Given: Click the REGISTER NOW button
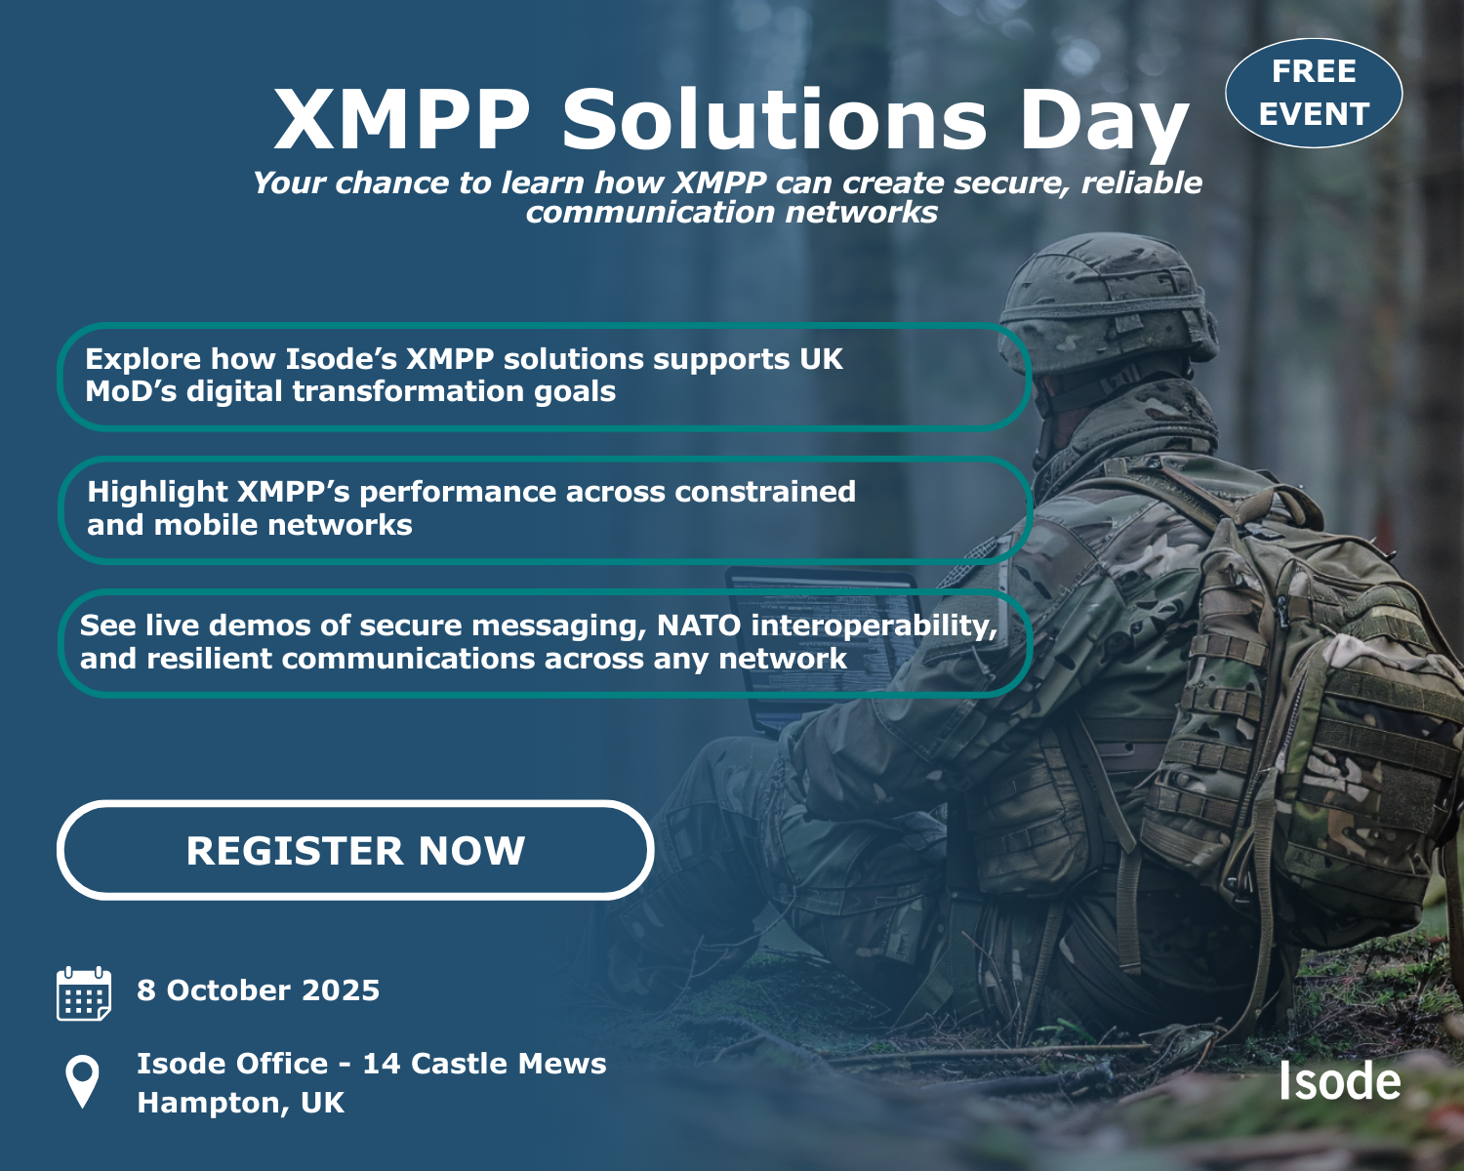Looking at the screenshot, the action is pos(355,850).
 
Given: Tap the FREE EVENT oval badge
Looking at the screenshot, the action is pos(1313,93).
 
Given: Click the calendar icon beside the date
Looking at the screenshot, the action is pos(84,992).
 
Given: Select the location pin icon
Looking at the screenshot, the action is pos(82,1082).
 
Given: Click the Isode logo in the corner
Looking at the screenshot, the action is pos(1340,1080).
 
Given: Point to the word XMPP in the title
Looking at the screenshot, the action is pos(401,119).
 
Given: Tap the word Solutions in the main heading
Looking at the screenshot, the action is pos(774,119).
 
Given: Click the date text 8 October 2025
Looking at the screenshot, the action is pos(259,990).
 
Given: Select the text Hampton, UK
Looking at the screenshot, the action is pos(241,1103).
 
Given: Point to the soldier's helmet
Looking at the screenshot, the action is pos(1108,303).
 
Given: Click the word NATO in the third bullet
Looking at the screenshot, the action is pos(699,626).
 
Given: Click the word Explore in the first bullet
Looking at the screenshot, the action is pos(142,360).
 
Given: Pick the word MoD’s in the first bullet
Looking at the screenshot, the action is pos(131,392).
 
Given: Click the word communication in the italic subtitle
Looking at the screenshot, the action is pos(650,213).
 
